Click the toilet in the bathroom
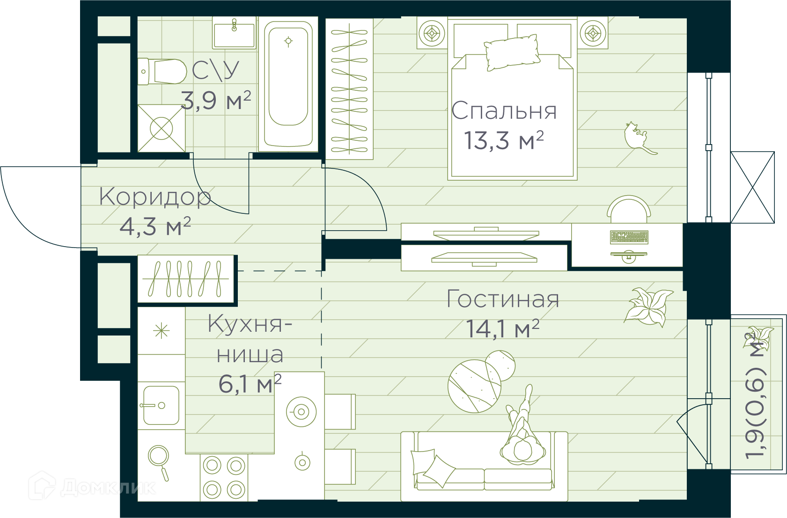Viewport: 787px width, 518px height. coord(162,72)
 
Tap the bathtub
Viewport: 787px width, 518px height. coord(288,84)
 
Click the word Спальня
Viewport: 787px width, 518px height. coord(504,111)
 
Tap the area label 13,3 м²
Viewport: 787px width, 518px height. coord(504,140)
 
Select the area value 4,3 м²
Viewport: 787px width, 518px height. coord(155,226)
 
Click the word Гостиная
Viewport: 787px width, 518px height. coord(503,299)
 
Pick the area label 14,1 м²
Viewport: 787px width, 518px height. coord(502,328)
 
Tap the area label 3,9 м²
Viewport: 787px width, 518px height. coord(216,100)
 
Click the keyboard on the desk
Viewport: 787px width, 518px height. coord(629,237)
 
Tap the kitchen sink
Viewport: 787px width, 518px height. coord(161,405)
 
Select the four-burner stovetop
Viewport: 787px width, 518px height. coord(224,478)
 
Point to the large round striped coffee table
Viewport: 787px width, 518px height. coord(475,386)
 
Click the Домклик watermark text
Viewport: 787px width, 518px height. coord(108,488)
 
